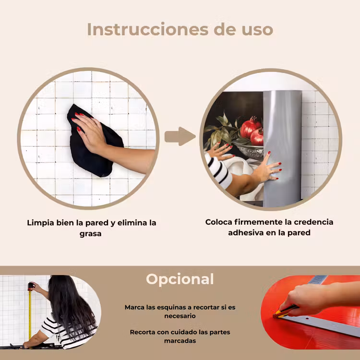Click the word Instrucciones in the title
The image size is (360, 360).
click(x=148, y=29)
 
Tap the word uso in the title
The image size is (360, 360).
click(x=257, y=31)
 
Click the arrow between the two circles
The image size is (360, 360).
click(x=180, y=136)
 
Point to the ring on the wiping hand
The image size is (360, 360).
click(x=94, y=125)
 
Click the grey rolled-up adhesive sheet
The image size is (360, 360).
click(x=282, y=148)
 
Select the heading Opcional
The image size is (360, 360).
click(x=180, y=279)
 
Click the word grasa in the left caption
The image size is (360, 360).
click(x=90, y=234)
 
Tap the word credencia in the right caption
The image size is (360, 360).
click(x=313, y=222)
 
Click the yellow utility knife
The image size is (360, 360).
click(x=286, y=312)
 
